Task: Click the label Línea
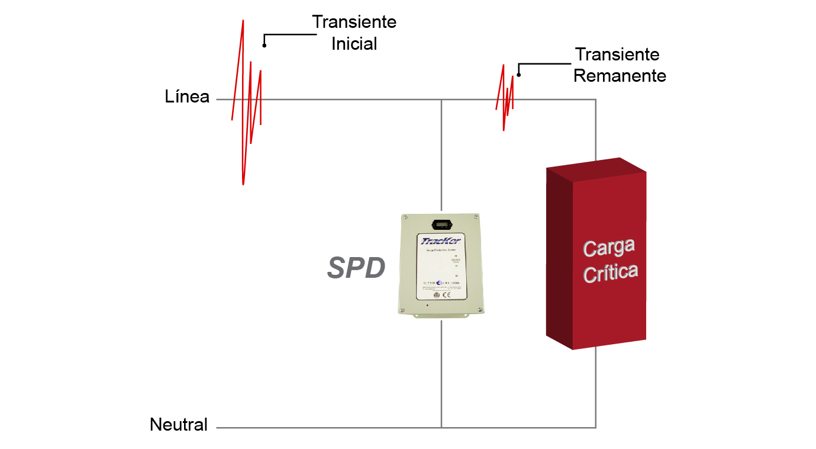[x=187, y=97]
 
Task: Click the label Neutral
[x=179, y=425]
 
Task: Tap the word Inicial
[x=354, y=44]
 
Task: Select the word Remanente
[x=620, y=76]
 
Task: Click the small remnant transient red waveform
[x=506, y=98]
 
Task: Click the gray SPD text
[x=356, y=269]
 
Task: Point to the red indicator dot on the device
[x=427, y=305]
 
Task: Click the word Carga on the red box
[x=609, y=247]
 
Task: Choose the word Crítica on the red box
[x=611, y=272]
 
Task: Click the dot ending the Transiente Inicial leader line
[x=265, y=45]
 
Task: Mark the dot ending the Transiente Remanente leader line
[x=519, y=75]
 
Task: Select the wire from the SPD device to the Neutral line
[x=441, y=373]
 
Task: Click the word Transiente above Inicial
[x=354, y=22]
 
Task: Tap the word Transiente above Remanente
[x=617, y=54]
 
